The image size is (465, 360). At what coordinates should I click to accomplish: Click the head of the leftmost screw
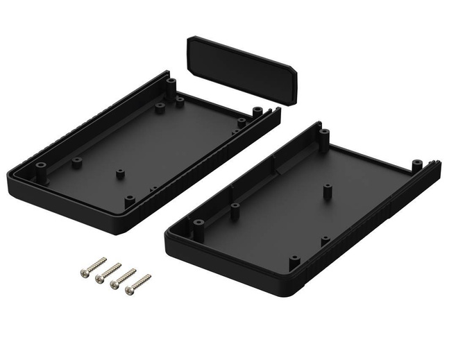pyautogui.click(x=83, y=273)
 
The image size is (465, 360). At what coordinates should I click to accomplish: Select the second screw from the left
pyautogui.click(x=110, y=272)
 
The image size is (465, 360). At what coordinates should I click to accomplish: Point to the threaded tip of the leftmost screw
pyautogui.click(x=104, y=259)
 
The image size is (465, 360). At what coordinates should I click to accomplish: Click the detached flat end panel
pyautogui.click(x=242, y=69)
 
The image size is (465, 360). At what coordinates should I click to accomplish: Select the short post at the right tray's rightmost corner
pyautogui.click(x=416, y=166)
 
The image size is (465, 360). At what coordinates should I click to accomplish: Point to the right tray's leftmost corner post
pyautogui.click(x=198, y=225)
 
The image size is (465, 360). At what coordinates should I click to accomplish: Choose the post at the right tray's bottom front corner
pyautogui.click(x=294, y=262)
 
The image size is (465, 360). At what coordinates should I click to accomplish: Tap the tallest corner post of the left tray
pyautogui.click(x=170, y=86)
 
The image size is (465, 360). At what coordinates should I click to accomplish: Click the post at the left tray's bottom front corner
pyautogui.click(x=129, y=201)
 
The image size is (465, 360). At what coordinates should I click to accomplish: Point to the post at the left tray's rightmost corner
pyautogui.click(x=257, y=111)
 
